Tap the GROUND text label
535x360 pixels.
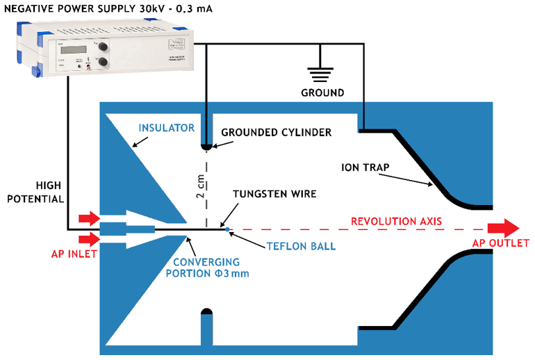[x=322, y=92]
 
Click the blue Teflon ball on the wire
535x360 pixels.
[x=227, y=229]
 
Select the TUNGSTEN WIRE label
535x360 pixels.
[x=274, y=194]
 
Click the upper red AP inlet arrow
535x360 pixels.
[x=89, y=219]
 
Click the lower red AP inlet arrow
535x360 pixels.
[x=89, y=240]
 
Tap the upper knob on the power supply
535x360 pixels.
[x=103, y=47]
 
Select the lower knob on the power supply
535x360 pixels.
[x=104, y=63]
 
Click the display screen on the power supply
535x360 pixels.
[x=72, y=49]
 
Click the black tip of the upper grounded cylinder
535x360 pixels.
[x=206, y=146]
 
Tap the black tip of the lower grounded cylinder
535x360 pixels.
[x=206, y=312]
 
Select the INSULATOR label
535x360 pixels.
[x=165, y=128]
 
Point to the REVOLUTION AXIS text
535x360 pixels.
[x=396, y=222]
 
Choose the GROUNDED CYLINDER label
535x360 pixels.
[x=276, y=132]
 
